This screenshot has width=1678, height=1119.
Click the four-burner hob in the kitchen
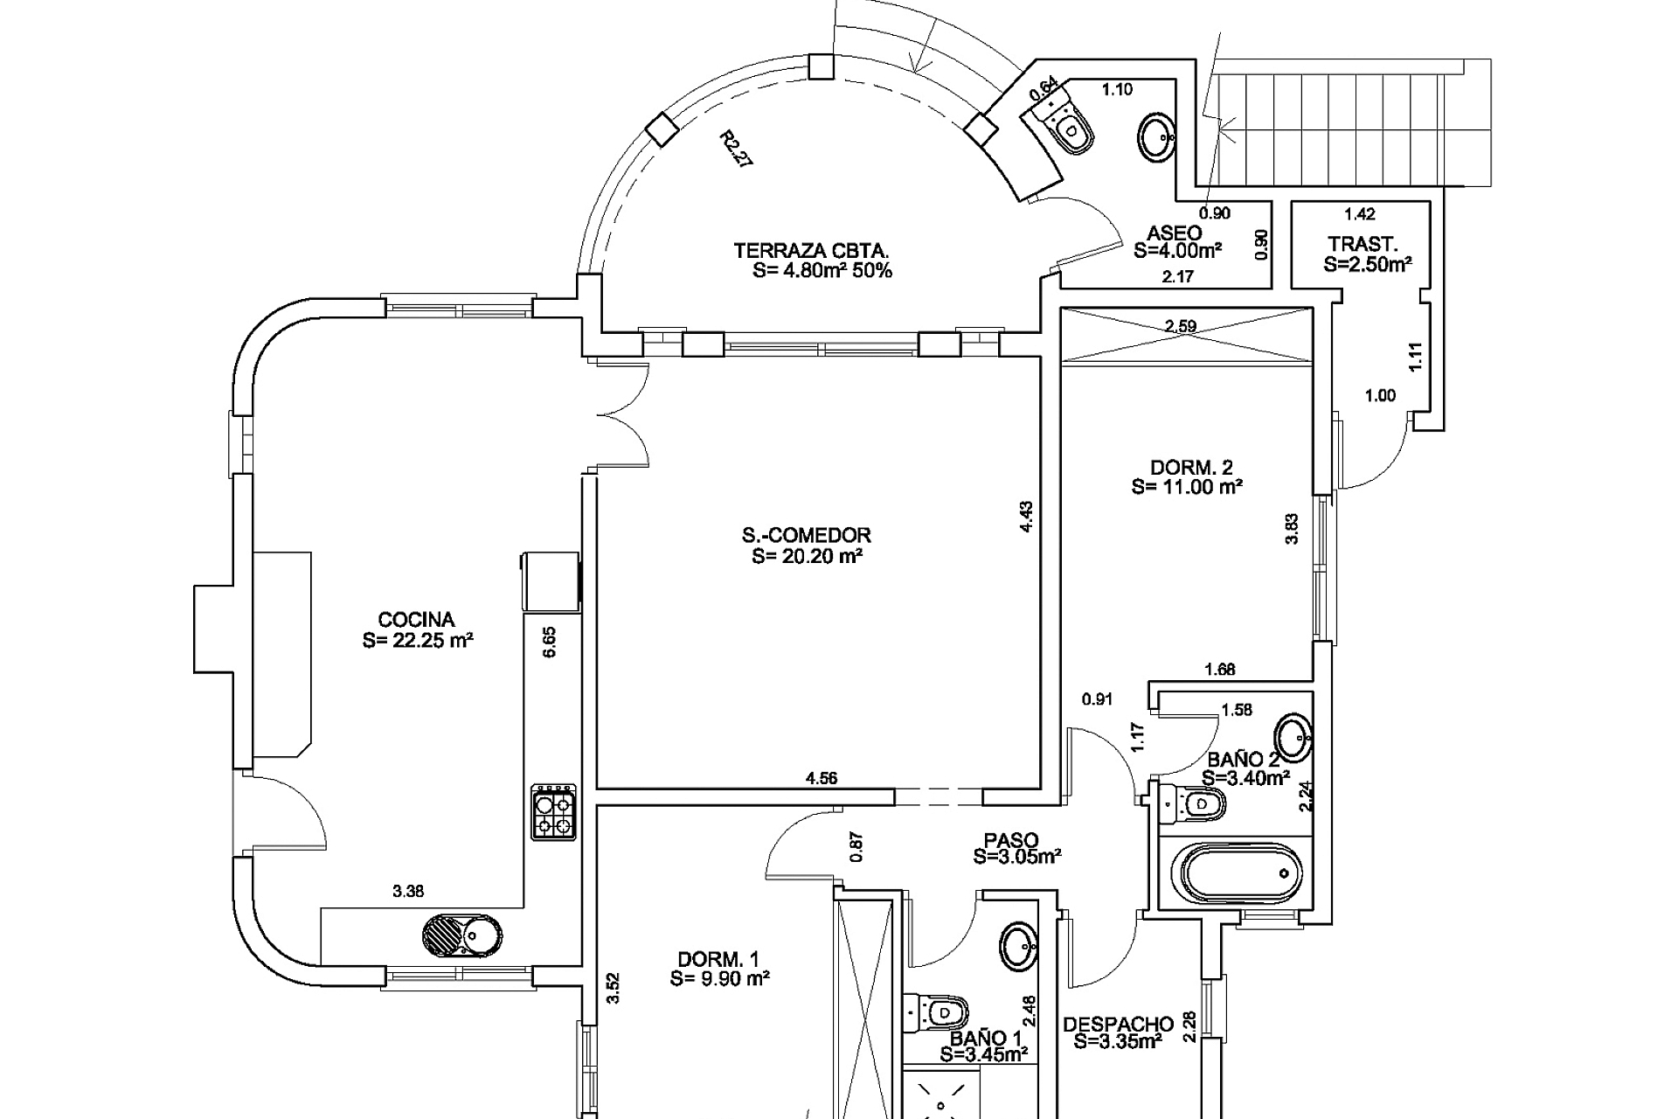click(x=554, y=812)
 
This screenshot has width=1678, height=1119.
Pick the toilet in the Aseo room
click(x=1063, y=124)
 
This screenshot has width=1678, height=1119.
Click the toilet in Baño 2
click(x=1193, y=803)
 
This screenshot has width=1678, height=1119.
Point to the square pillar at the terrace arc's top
click(x=822, y=66)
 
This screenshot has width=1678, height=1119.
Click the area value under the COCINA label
click(x=418, y=641)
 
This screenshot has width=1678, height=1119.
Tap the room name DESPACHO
click(x=1118, y=1024)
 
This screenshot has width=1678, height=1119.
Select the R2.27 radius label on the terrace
click(x=736, y=149)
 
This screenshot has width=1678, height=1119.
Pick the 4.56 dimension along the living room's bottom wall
click(x=822, y=778)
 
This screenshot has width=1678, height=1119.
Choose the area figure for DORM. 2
click(x=1187, y=487)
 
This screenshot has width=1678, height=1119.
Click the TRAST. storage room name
click(x=1363, y=244)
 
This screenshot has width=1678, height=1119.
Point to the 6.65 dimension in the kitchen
click(x=549, y=642)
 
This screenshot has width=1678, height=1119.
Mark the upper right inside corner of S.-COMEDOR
click(x=1038, y=358)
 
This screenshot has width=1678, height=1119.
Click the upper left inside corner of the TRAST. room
click(x=1293, y=204)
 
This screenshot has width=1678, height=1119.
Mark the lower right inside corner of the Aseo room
click(x=1270, y=287)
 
